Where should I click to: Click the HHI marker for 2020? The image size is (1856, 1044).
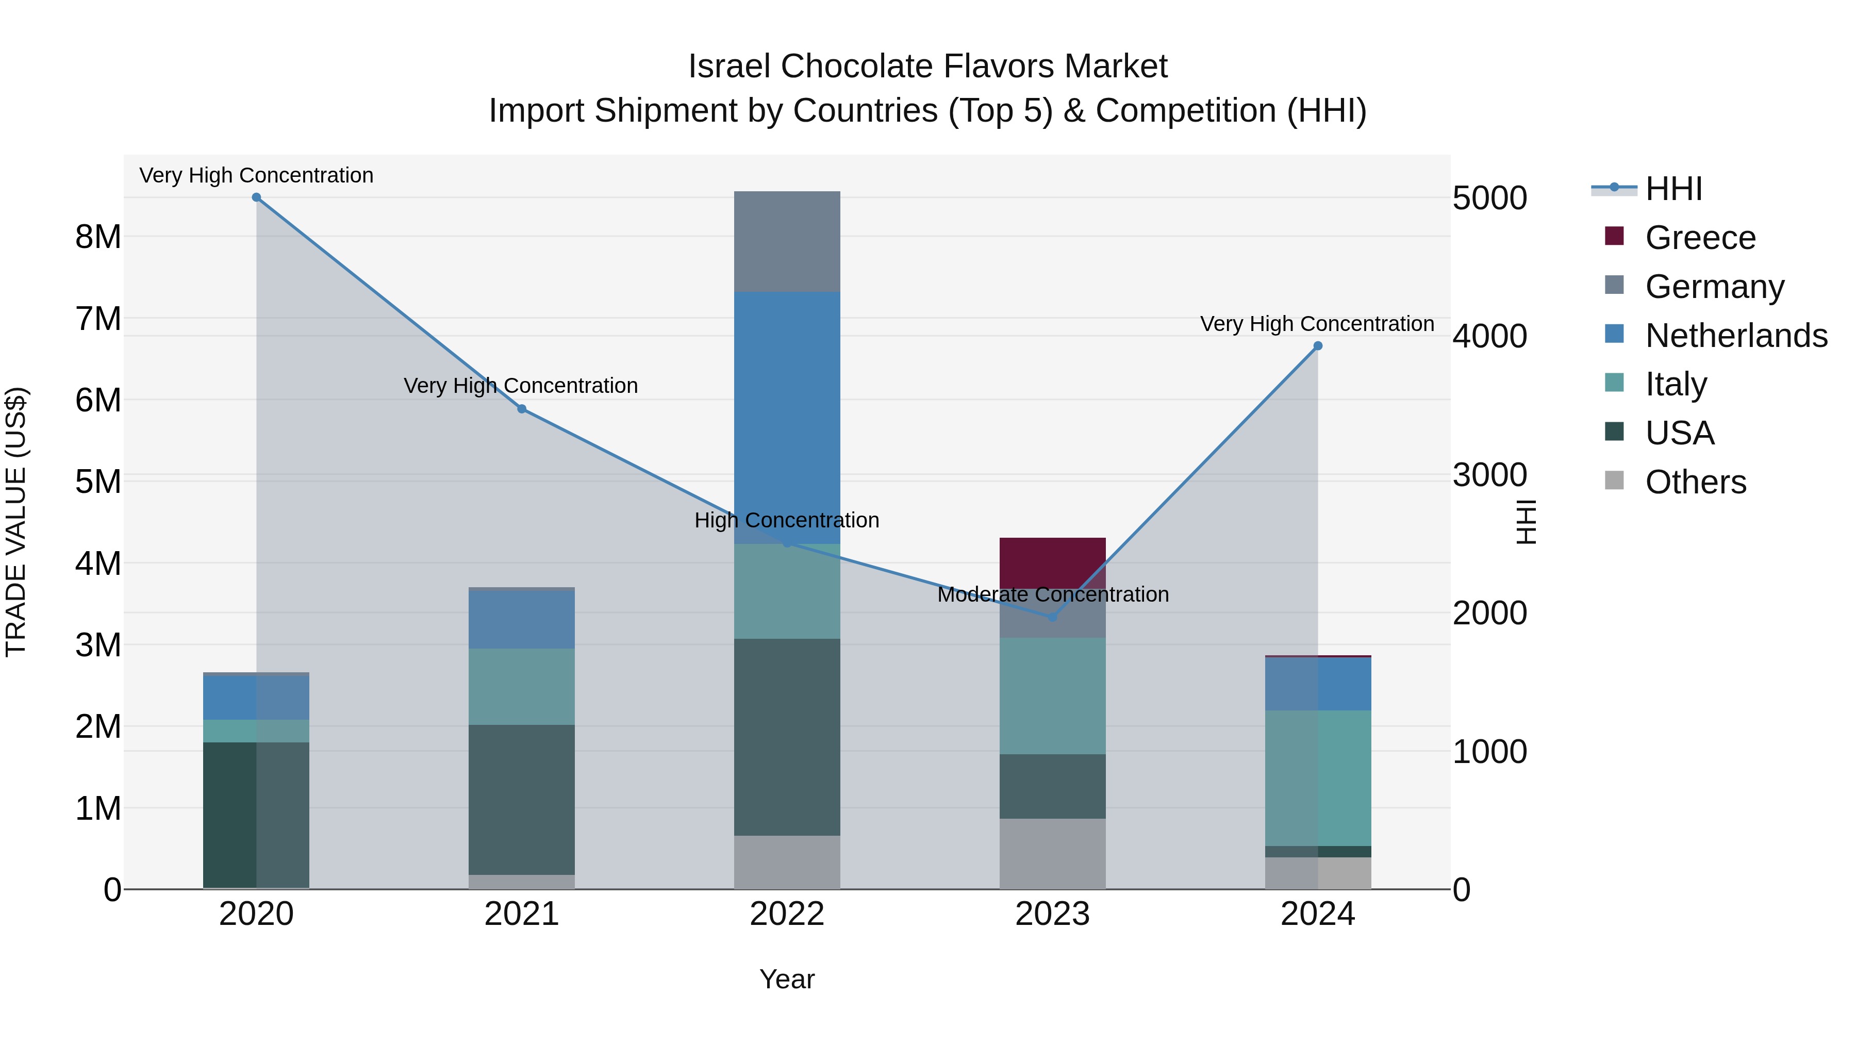[257, 197]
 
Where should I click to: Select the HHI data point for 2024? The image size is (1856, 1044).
[1318, 346]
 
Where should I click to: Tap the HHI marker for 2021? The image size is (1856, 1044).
[522, 409]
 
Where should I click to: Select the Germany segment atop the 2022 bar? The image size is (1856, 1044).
[787, 241]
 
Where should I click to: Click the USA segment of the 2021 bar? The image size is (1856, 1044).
[522, 800]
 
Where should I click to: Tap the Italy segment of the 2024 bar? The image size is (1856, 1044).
[1318, 778]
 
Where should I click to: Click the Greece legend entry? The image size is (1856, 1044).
[1700, 238]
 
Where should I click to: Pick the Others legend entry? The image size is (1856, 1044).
[1695, 482]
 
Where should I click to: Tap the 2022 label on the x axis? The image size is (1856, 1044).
[787, 914]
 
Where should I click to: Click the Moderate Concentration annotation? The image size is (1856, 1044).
[1053, 594]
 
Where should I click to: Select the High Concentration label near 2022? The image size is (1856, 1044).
[787, 520]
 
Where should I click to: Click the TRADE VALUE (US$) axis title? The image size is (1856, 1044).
[16, 522]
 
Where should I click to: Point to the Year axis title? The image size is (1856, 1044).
[787, 979]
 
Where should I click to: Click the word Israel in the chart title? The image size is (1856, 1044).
[729, 67]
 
